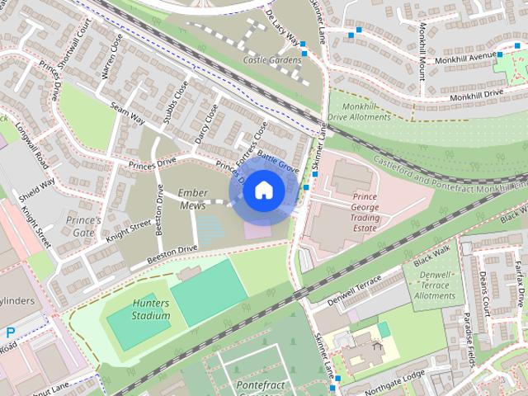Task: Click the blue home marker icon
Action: tap(263, 191)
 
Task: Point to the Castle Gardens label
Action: tap(271, 60)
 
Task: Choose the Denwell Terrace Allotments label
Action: tap(435, 285)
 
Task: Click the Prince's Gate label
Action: tap(83, 227)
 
